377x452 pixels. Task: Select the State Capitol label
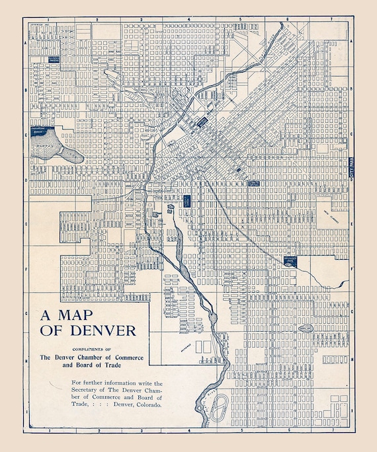coord(255,182)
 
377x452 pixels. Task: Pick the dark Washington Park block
coord(292,261)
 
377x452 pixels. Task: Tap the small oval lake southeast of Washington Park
coord(306,328)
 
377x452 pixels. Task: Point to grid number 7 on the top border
coord(333,20)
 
